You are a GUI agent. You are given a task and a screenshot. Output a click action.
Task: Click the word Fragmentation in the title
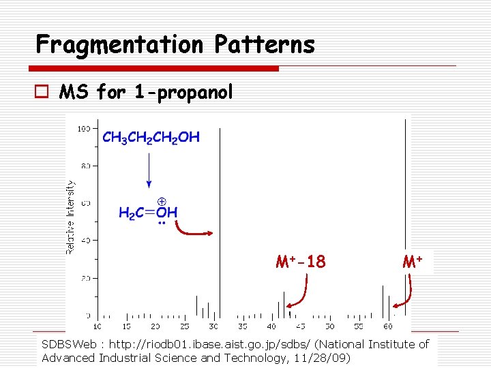(x=120, y=45)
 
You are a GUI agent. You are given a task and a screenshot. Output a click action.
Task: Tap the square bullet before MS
(x=46, y=91)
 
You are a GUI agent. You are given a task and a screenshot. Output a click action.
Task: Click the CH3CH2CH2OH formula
(x=151, y=138)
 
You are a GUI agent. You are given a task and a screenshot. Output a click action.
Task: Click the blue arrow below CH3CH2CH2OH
(x=149, y=171)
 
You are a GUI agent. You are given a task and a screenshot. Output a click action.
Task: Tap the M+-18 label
(x=301, y=262)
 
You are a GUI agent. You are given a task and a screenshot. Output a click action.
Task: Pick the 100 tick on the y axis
(x=85, y=128)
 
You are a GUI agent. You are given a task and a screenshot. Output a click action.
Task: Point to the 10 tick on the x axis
(x=97, y=326)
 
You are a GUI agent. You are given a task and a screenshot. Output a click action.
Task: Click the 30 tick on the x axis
(x=213, y=326)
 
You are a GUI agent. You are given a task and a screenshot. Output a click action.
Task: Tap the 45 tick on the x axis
(x=301, y=326)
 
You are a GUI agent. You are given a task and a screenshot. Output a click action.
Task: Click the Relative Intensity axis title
(x=70, y=217)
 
